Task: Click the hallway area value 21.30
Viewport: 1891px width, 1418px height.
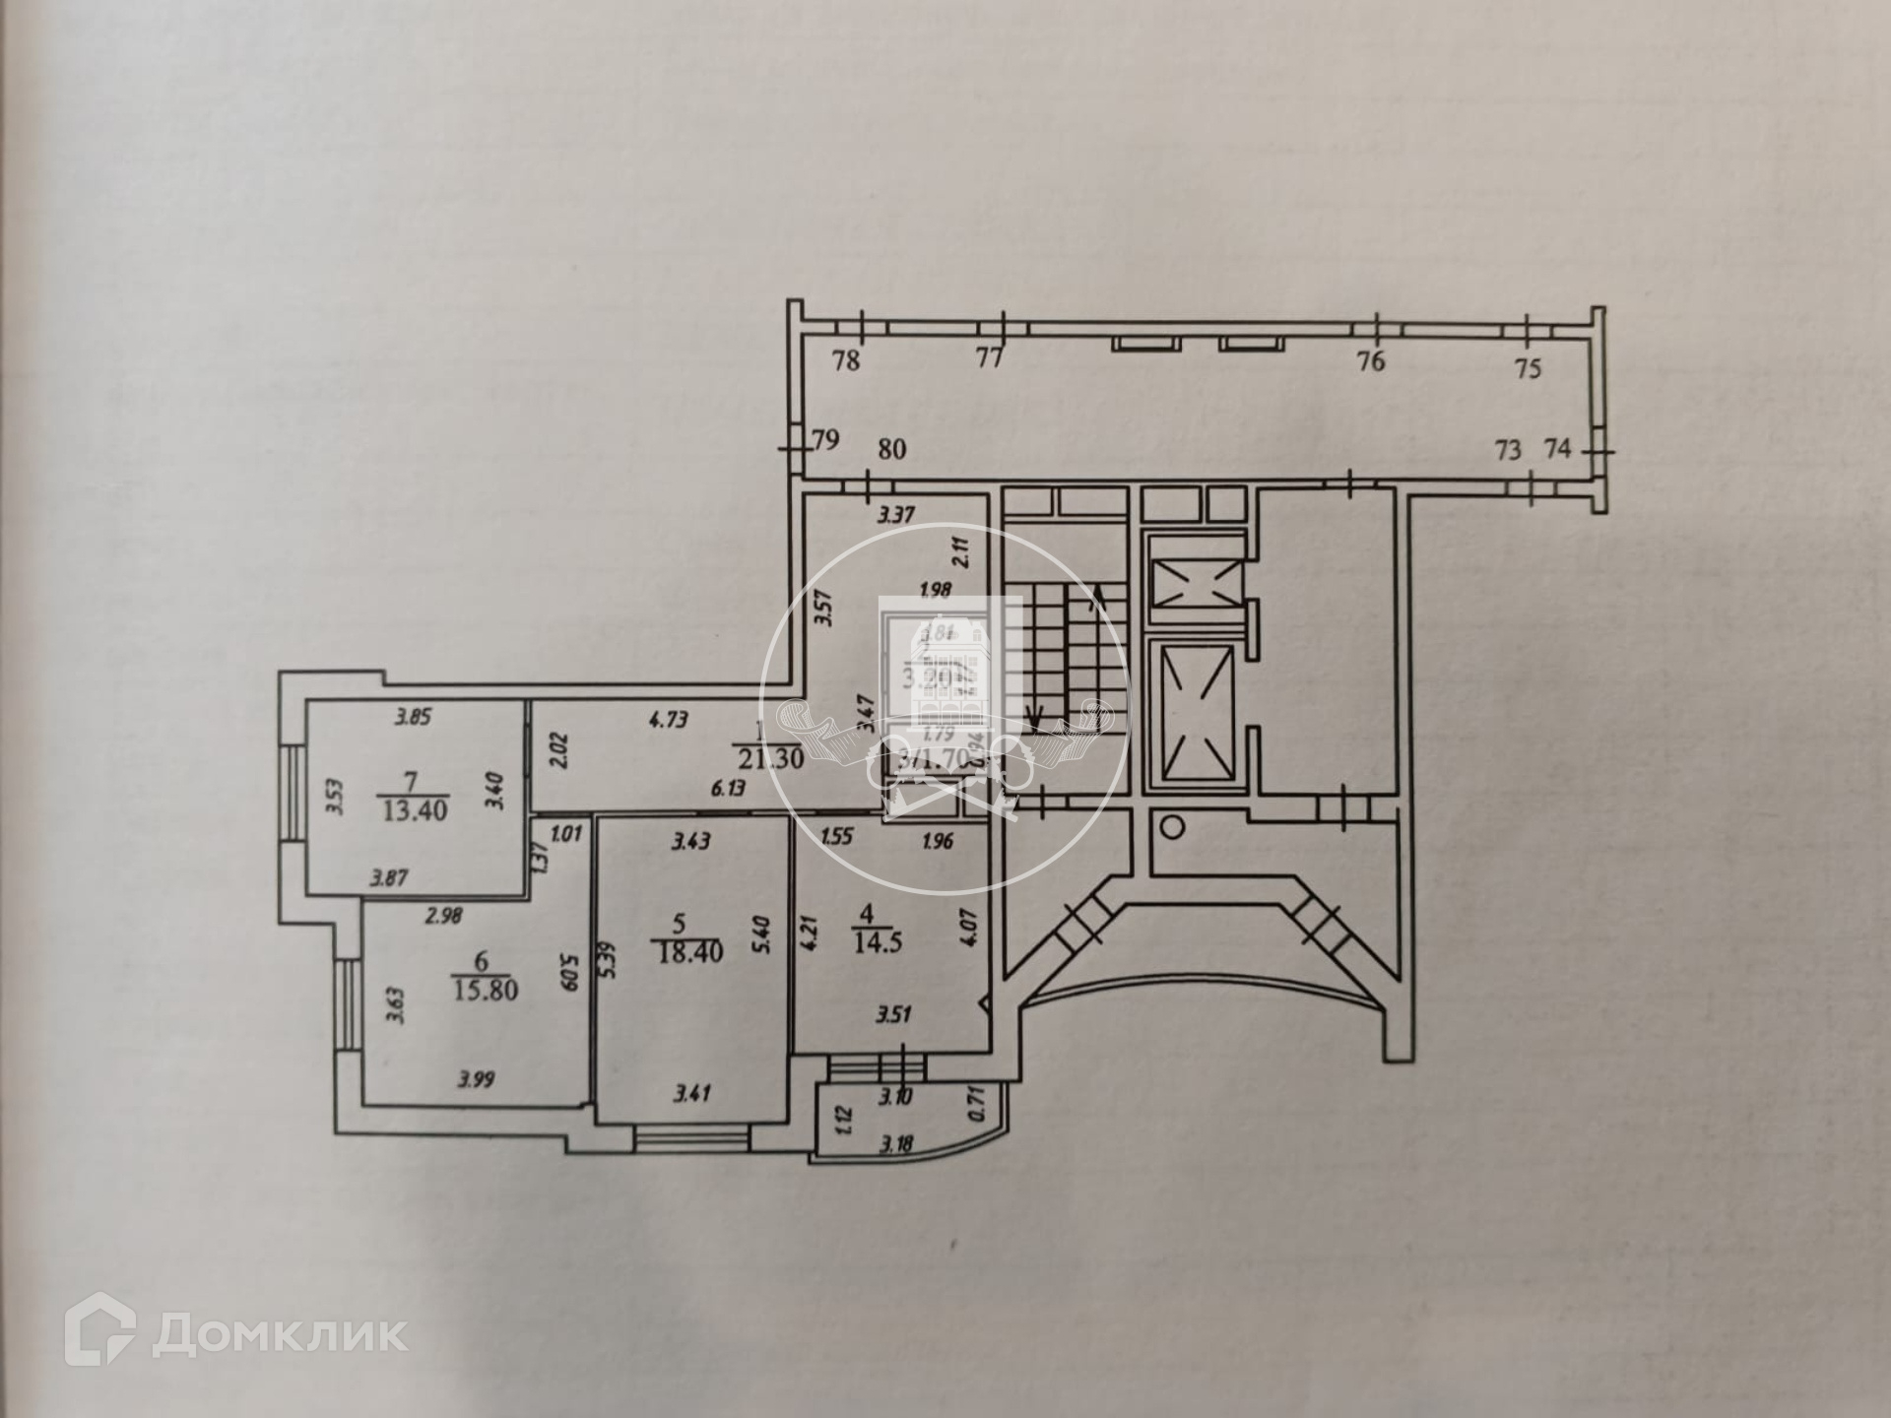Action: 771,759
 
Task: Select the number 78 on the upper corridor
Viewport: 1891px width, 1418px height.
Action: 846,360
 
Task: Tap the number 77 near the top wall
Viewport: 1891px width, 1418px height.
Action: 989,358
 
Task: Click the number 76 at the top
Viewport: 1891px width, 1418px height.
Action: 1370,361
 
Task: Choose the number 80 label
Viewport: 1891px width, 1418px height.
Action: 891,450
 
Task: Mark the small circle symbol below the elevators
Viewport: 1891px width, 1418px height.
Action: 1172,826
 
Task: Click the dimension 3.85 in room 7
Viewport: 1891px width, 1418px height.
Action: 414,718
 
